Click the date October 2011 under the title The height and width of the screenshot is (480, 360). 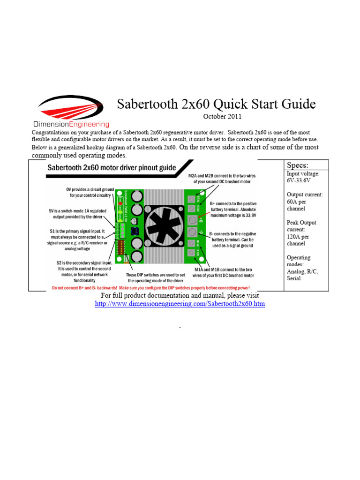pyautogui.click(x=223, y=116)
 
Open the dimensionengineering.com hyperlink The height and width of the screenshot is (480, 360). pyautogui.click(x=180, y=304)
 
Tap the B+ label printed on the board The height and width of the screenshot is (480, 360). pyautogui.click(x=201, y=218)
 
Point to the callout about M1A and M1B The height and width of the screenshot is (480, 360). pyautogui.click(x=224, y=272)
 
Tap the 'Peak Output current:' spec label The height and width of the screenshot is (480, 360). pyautogui.click(x=301, y=226)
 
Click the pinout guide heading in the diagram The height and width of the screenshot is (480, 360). pyautogui.click(x=111, y=168)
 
